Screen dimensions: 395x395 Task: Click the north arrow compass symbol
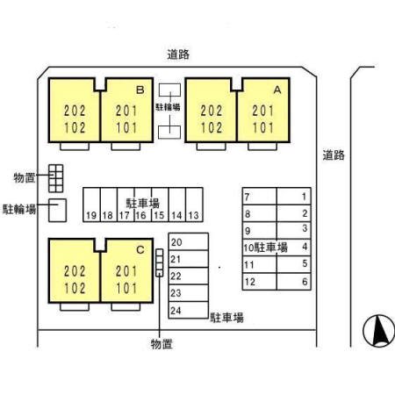(x=378, y=331)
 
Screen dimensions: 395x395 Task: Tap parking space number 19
(x=91, y=205)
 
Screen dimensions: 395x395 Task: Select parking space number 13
(x=194, y=205)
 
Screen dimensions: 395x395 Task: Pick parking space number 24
(x=189, y=310)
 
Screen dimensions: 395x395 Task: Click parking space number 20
(x=189, y=241)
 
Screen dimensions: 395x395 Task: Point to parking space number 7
(x=260, y=197)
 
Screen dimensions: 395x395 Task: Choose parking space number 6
(x=294, y=282)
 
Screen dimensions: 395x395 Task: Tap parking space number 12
(x=260, y=282)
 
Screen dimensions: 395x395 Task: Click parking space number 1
(x=294, y=197)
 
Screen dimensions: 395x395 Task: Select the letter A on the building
(x=277, y=90)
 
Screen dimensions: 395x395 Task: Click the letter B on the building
(x=140, y=90)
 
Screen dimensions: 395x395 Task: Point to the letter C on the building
(x=140, y=250)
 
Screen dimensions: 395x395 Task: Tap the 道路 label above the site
(x=178, y=54)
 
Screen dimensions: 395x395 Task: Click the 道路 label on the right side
(x=334, y=155)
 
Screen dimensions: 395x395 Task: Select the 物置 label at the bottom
(x=162, y=344)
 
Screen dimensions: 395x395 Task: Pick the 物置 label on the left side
(x=25, y=177)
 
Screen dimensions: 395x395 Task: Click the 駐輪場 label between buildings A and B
(x=168, y=107)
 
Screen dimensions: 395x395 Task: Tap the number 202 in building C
(x=75, y=271)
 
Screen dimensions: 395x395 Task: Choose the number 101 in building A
(x=263, y=128)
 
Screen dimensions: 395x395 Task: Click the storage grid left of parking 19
(x=55, y=178)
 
